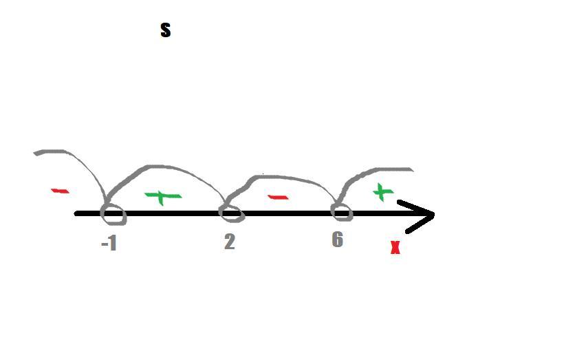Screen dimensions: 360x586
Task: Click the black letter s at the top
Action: (165, 30)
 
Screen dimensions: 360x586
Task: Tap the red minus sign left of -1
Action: (60, 191)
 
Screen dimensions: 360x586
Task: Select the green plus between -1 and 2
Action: (162, 197)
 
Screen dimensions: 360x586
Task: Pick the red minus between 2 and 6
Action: (277, 198)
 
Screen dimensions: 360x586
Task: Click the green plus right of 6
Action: (382, 192)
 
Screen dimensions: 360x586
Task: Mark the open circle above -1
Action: (113, 214)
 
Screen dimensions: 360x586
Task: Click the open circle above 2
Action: (231, 213)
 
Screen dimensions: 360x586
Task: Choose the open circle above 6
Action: (342, 212)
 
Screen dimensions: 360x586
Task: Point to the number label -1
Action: (109, 243)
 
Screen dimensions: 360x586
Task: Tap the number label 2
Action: (229, 242)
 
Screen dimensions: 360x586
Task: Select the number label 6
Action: (337, 239)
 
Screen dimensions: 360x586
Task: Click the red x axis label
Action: (395, 248)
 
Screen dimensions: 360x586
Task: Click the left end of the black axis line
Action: (78, 214)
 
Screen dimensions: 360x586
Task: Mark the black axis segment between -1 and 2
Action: (172, 214)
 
